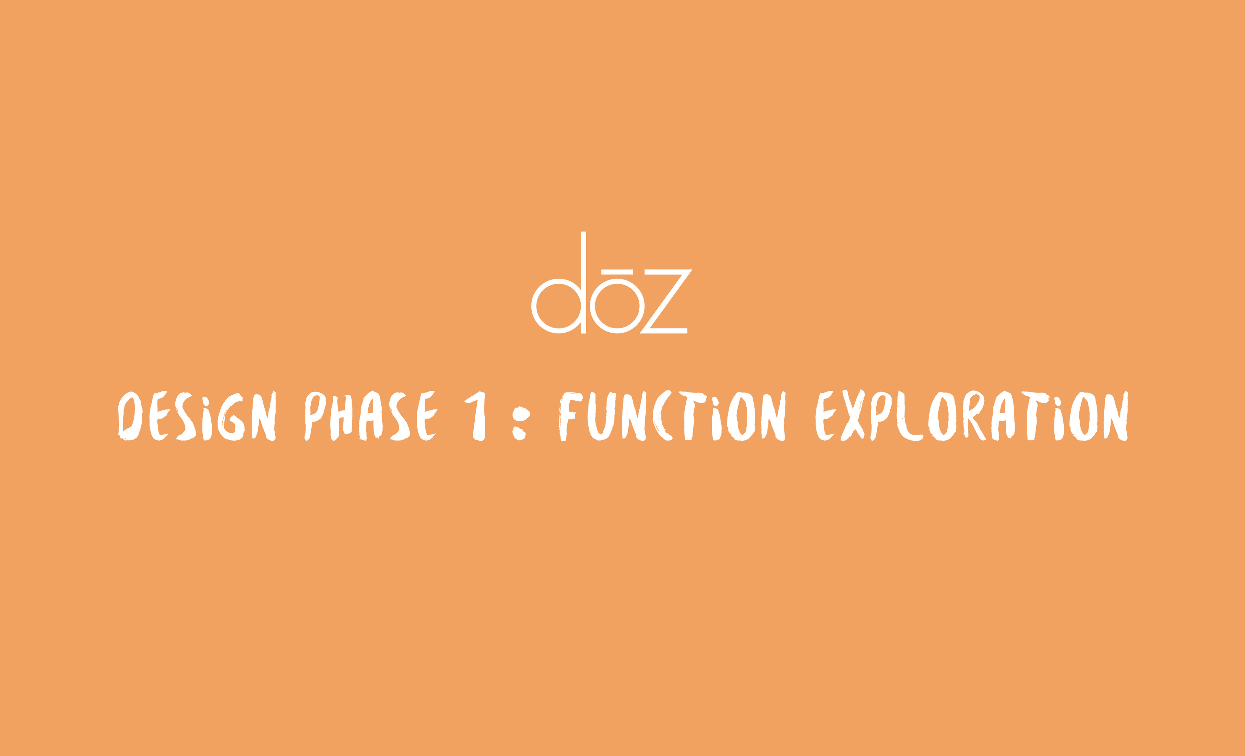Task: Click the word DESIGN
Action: coord(197,416)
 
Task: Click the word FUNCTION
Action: coord(672,416)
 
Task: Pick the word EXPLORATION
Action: coord(971,416)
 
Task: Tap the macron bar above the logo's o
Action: coord(617,272)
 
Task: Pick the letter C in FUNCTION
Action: coord(662,416)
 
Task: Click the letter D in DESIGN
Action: coord(130,416)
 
